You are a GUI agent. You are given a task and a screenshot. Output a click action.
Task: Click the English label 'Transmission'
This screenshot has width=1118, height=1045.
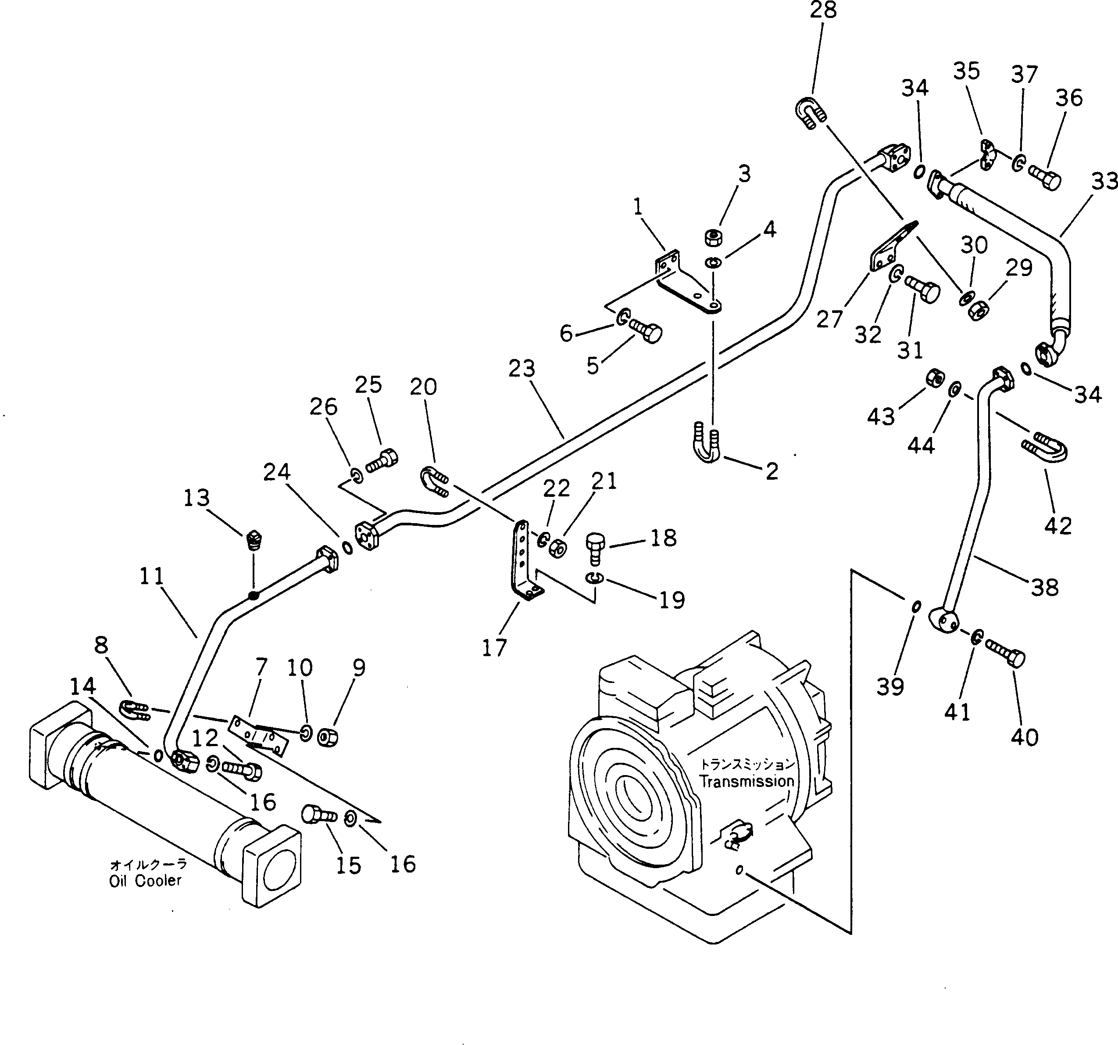746,781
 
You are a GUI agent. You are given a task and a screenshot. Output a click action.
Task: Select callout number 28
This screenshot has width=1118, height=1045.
823,11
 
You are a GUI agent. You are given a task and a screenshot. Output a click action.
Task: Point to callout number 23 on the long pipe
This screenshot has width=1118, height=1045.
521,369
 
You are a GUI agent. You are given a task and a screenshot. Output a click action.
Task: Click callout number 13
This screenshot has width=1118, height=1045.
196,497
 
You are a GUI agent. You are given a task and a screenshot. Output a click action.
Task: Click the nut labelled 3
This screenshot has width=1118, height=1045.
713,237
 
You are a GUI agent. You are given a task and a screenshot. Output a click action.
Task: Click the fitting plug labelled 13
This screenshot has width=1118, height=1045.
255,540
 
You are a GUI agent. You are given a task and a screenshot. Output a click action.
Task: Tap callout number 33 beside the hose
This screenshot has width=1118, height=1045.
1104,181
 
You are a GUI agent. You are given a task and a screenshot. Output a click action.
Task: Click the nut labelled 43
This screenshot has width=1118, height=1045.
934,377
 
